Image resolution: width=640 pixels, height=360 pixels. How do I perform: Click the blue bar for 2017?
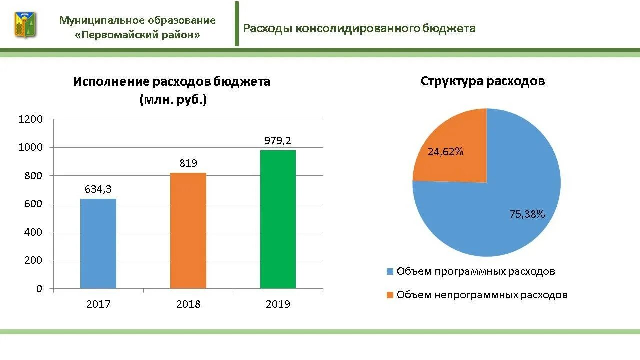[98, 244]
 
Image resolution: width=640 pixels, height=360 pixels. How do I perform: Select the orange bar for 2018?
[188, 231]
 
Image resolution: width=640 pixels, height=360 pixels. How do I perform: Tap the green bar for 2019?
[278, 219]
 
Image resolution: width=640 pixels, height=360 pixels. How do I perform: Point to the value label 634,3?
[98, 189]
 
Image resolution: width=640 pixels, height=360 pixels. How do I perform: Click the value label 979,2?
[278, 141]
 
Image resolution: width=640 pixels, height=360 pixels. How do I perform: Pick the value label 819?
[188, 163]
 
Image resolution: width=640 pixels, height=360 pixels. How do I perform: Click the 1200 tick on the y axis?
[31, 119]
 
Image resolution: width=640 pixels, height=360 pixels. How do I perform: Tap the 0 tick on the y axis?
[39, 289]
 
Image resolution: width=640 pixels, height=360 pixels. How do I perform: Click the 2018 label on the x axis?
[188, 304]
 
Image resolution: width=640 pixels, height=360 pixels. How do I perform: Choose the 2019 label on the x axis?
[278, 304]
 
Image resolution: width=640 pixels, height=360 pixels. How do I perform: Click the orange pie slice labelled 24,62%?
[452, 150]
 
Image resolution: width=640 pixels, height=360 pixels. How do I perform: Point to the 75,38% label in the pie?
[527, 214]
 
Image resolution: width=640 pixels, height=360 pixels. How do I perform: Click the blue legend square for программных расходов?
[390, 272]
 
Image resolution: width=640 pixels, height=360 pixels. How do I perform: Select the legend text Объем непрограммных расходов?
[482, 295]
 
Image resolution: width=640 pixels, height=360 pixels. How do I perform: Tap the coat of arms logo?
[25, 25]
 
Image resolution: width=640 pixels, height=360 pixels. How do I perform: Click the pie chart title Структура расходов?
[482, 81]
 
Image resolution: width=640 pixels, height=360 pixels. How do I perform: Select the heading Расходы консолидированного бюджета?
[359, 28]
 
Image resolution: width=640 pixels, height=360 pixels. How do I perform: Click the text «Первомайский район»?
[137, 35]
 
